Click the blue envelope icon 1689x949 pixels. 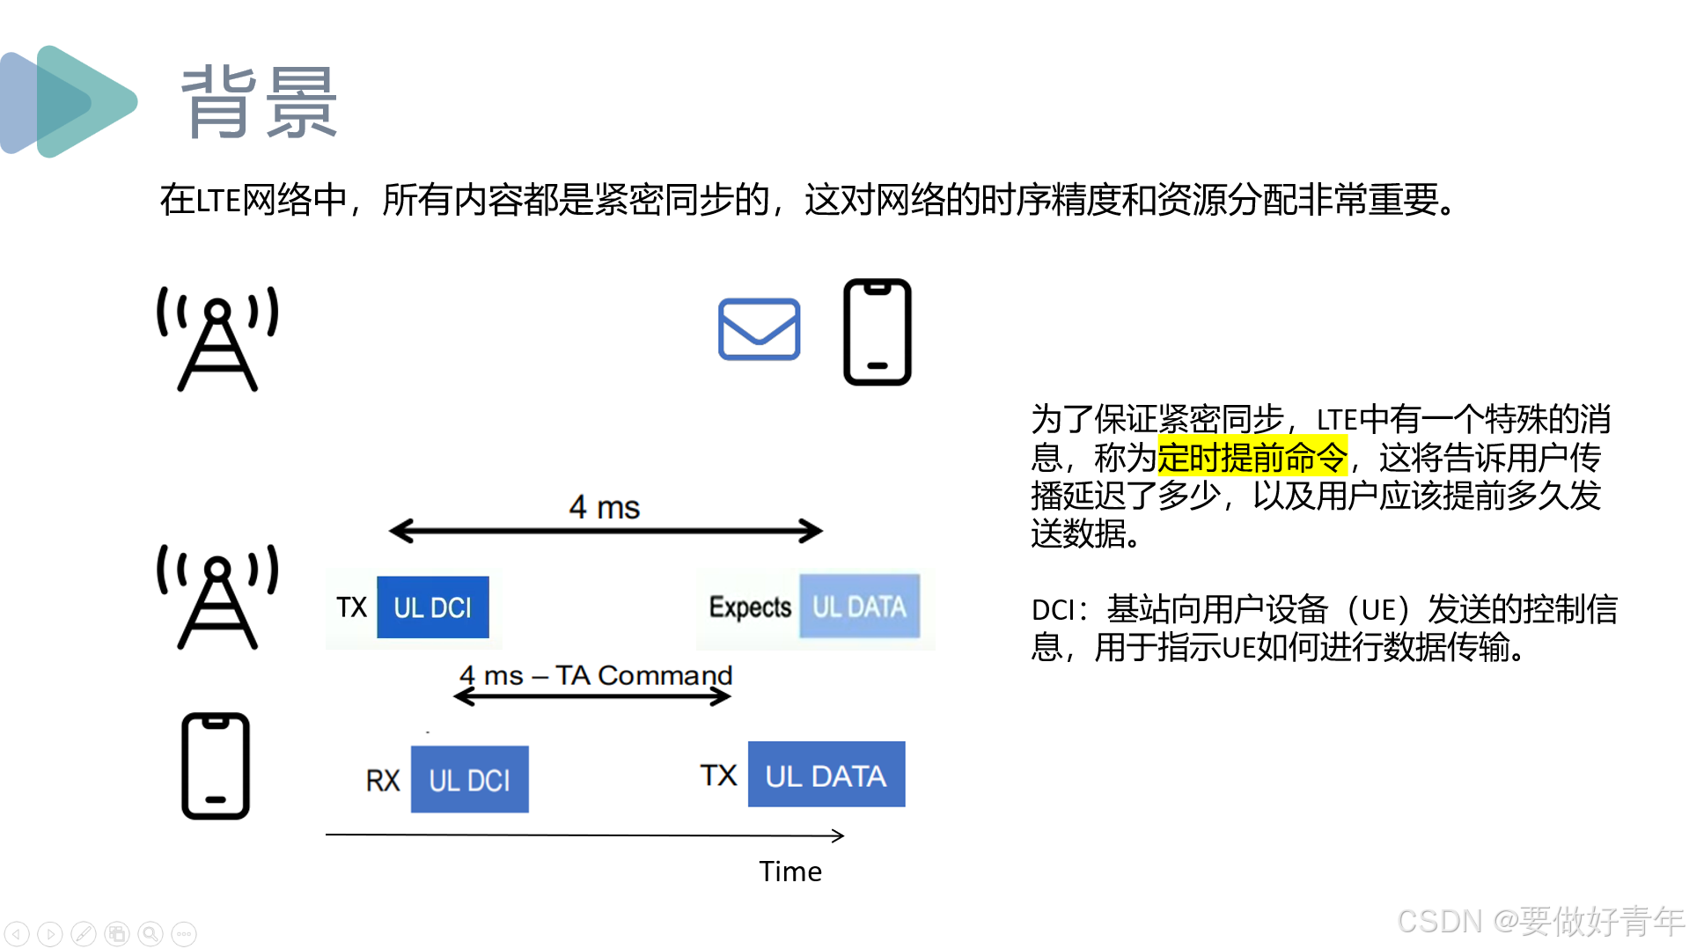pyautogui.click(x=759, y=329)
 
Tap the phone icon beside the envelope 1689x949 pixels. pyautogui.click(x=877, y=332)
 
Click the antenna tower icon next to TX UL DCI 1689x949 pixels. pyautogui.click(x=217, y=597)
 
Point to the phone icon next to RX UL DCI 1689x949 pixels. pyautogui.click(x=216, y=766)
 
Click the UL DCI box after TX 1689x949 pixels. pyautogui.click(x=432, y=607)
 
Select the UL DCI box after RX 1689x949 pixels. pyautogui.click(x=469, y=780)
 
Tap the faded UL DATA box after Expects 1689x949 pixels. pyautogui.click(x=859, y=607)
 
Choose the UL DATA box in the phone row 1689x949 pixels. pyautogui.click(x=826, y=775)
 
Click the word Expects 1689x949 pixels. pyautogui.click(x=750, y=607)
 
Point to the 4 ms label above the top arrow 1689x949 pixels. pyautogui.click(x=604, y=507)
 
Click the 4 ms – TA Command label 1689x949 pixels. pyautogui.click(x=596, y=675)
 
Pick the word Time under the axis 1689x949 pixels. pyautogui.click(x=790, y=872)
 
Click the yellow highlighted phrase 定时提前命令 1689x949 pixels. pyautogui.click(x=1252, y=458)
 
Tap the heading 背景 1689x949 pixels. pyautogui.click(x=259, y=103)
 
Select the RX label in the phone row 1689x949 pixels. pyautogui.click(x=383, y=780)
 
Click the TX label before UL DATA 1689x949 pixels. pyautogui.click(x=718, y=776)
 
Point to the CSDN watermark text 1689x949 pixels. pyautogui.click(x=1539, y=921)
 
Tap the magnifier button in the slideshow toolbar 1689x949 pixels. pyautogui.click(x=151, y=933)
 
